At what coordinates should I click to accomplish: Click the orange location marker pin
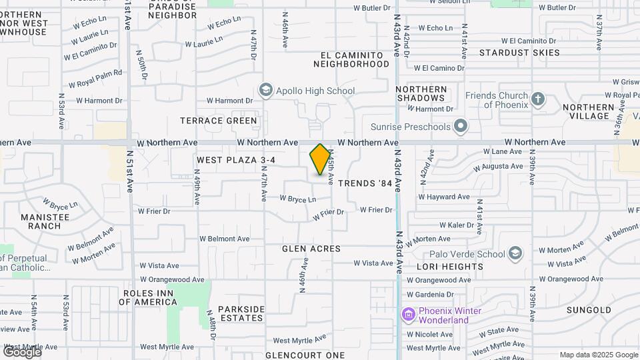pyautogui.click(x=320, y=160)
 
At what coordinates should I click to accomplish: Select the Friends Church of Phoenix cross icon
pyautogui.click(x=539, y=100)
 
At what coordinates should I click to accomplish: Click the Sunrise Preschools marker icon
pyautogui.click(x=460, y=125)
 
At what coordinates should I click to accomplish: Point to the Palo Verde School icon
pyautogui.click(x=515, y=253)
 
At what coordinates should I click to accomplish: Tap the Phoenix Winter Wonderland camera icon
pyautogui.click(x=408, y=313)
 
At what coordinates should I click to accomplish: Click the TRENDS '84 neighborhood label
pyautogui.click(x=365, y=183)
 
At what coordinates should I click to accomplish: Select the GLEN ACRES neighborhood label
pyautogui.click(x=311, y=249)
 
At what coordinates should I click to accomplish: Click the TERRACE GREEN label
pyautogui.click(x=218, y=121)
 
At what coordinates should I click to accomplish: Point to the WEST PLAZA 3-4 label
pyautogui.click(x=236, y=161)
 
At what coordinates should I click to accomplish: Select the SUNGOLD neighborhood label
pyautogui.click(x=589, y=310)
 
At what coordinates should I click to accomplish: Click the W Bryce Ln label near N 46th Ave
pyautogui.click(x=297, y=199)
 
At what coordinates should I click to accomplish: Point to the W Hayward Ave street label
pyautogui.click(x=444, y=197)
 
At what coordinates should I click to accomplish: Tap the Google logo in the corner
pyautogui.click(x=22, y=351)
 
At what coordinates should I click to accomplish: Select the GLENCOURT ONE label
pyautogui.click(x=305, y=355)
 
